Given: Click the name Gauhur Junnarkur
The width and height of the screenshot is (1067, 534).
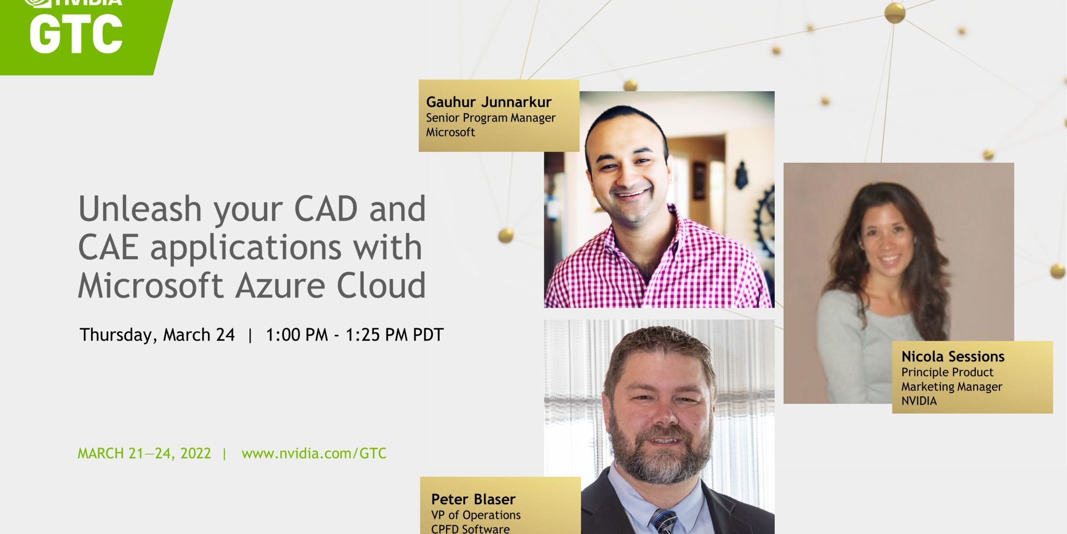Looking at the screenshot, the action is (488, 102).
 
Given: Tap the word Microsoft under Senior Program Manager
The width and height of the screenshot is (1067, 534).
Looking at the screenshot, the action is (450, 132).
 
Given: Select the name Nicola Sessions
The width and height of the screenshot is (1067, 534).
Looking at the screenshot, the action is (953, 356).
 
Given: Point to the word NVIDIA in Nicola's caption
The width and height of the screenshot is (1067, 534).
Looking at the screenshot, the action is (919, 400).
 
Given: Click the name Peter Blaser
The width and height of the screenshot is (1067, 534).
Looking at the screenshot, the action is (473, 499).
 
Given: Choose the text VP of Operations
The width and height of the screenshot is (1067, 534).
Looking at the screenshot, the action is (476, 515).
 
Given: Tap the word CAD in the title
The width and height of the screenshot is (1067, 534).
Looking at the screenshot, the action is (326, 209).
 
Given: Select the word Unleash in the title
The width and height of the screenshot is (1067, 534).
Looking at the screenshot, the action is (140, 209).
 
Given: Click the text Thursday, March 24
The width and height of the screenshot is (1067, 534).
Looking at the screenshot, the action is (157, 334).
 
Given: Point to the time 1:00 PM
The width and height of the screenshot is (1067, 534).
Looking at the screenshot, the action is (297, 334).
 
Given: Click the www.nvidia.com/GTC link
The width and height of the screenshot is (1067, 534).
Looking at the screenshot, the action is (314, 453).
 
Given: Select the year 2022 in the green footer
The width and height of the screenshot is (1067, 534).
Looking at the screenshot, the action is (195, 453).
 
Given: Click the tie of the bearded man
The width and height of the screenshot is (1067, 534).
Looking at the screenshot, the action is (663, 521).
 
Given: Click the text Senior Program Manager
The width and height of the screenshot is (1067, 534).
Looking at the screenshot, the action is (491, 118).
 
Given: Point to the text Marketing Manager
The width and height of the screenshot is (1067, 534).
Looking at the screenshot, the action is (952, 386).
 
